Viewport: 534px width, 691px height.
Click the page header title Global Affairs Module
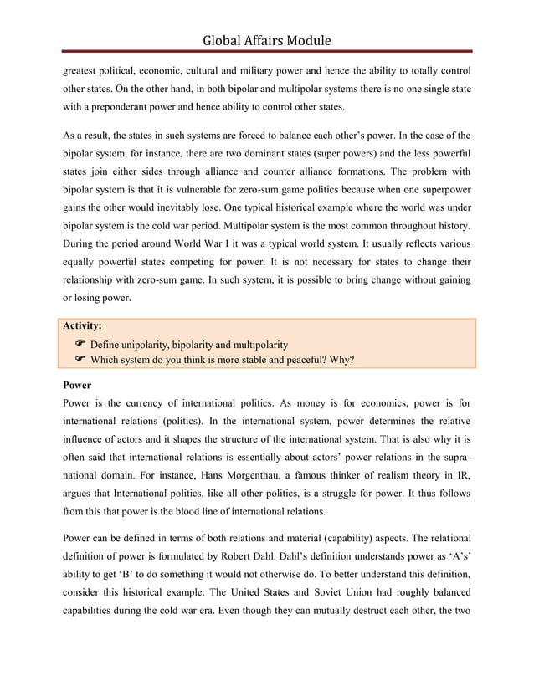[267, 39]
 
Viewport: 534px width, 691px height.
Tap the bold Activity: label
[84, 326]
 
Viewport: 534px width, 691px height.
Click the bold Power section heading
[78, 386]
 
